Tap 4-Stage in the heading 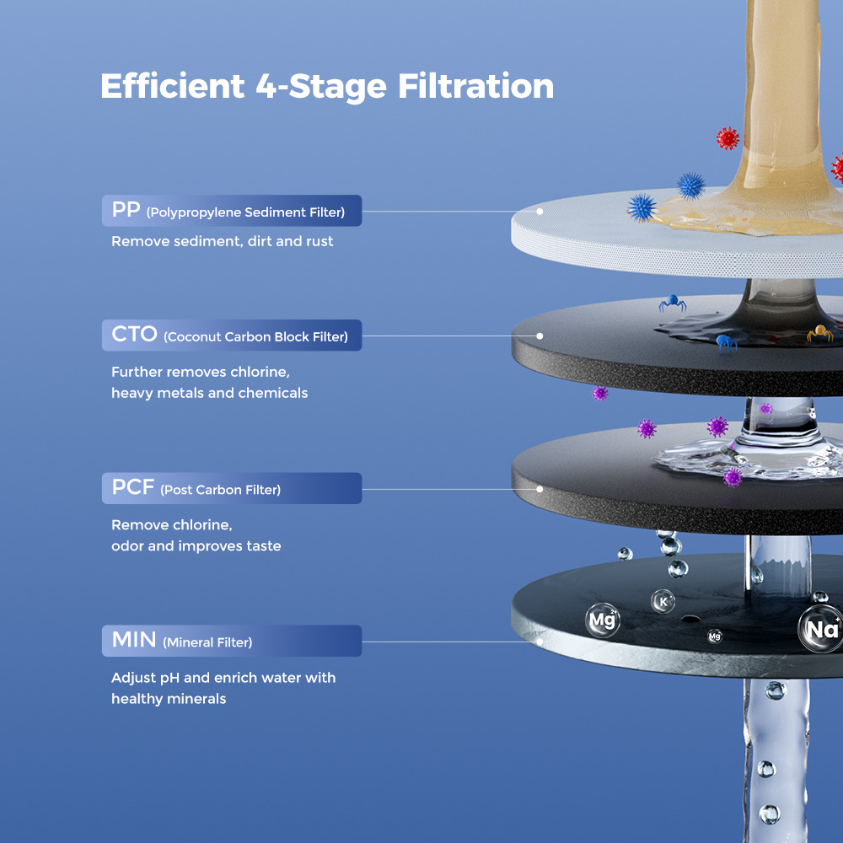point(319,87)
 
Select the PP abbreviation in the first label point(126,211)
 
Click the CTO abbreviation point(135,335)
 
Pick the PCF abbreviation point(133,488)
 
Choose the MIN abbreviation point(134,641)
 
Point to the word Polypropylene point(193,212)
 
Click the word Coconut point(194,336)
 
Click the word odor point(127,546)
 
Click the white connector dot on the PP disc point(540,211)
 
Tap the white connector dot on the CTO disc point(540,336)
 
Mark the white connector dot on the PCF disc point(540,488)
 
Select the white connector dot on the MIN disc point(540,641)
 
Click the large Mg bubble point(603,621)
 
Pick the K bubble point(663,601)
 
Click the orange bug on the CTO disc point(819,334)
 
